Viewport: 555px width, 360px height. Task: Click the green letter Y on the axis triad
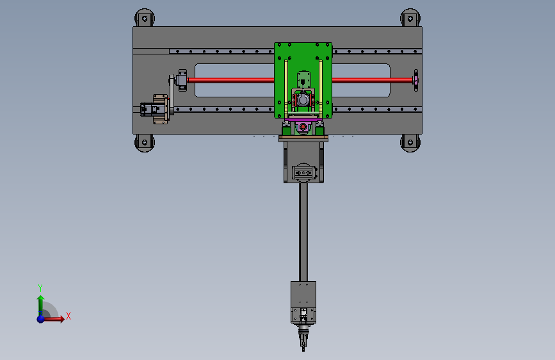coord(40,288)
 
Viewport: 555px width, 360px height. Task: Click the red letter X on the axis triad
coord(68,316)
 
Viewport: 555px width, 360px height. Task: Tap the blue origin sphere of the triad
coord(41,319)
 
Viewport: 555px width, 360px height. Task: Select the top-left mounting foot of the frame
coord(145,18)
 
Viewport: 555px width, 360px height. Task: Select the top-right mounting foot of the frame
coord(410,18)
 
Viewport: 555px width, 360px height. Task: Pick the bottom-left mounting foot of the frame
coord(145,143)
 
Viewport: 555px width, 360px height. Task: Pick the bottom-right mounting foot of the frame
coord(410,143)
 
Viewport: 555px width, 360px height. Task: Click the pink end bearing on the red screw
coord(416,81)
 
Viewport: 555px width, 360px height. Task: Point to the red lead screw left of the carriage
coord(230,80)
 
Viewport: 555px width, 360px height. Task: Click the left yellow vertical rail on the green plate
coord(286,88)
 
